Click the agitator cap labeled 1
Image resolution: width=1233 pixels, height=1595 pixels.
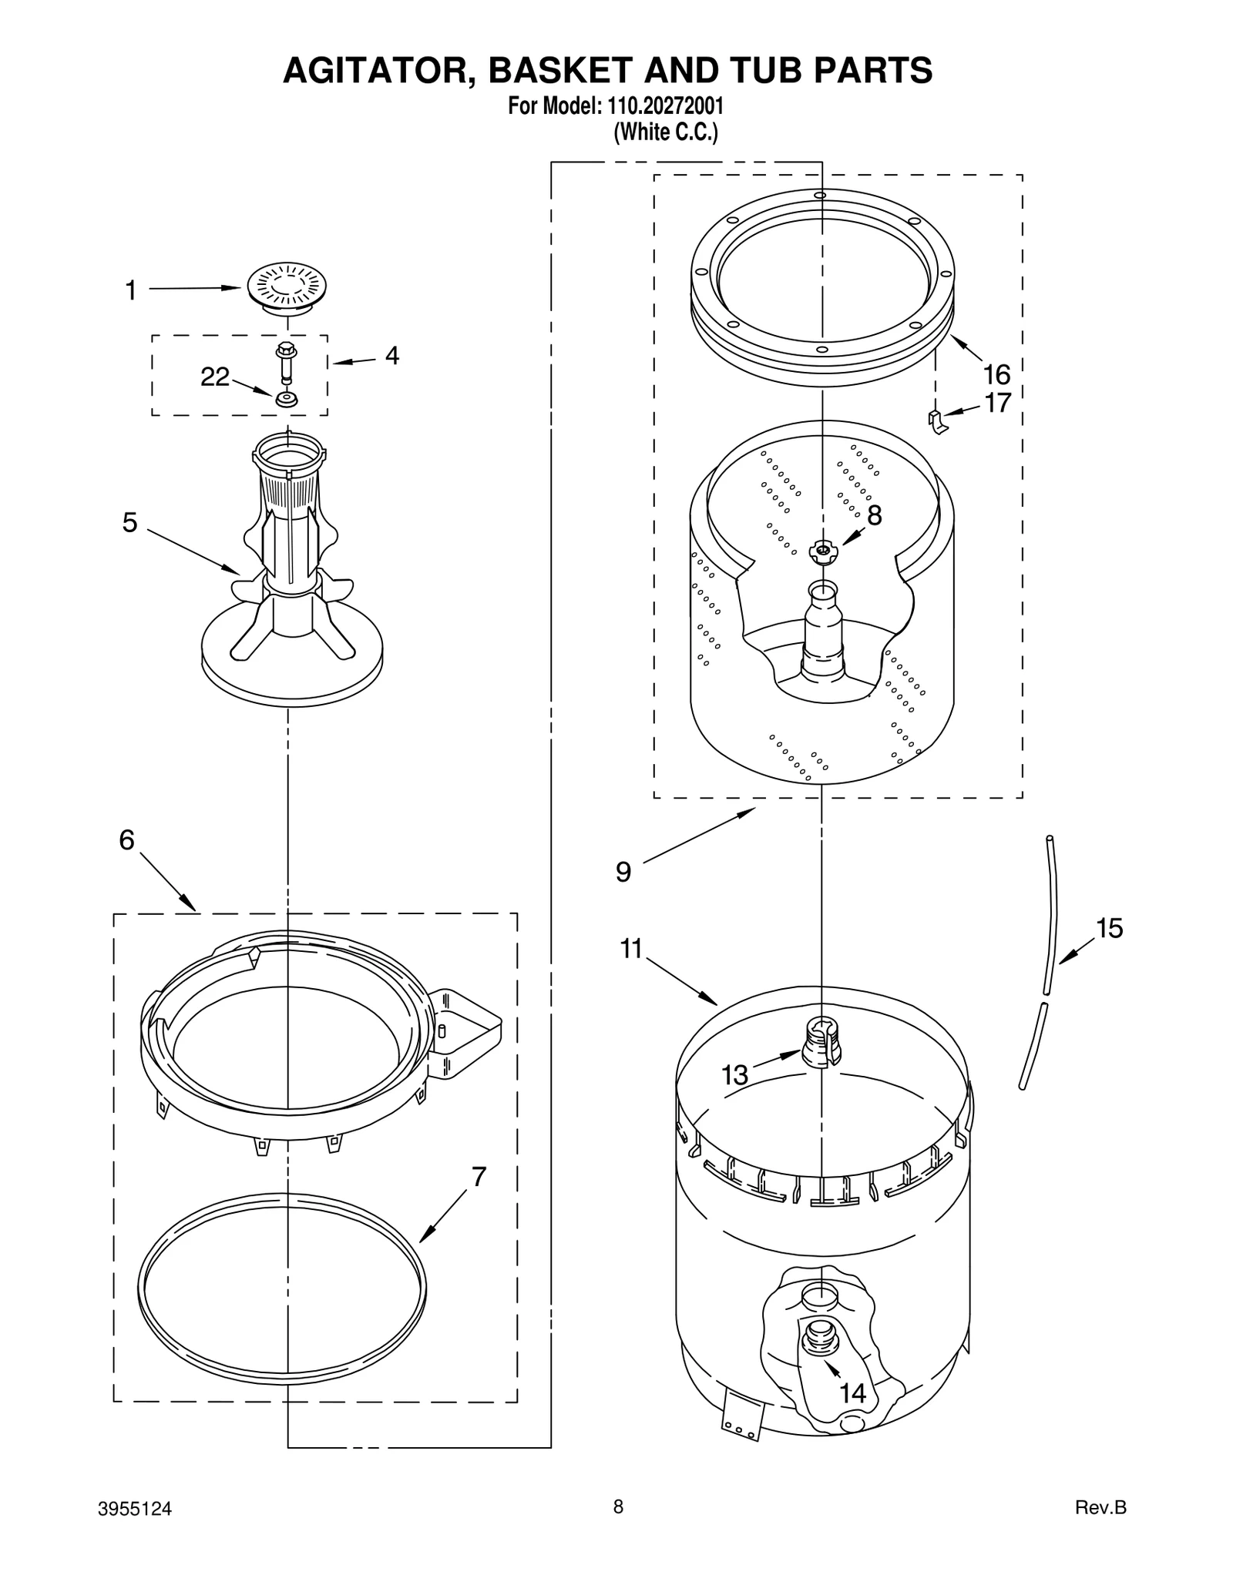[x=287, y=287]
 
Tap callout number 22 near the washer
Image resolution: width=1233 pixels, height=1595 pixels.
[x=215, y=377]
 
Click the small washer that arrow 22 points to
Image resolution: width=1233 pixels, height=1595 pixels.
[x=287, y=400]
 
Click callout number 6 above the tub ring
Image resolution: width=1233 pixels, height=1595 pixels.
[x=127, y=839]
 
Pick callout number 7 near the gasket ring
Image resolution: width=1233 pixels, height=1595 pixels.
[x=479, y=1177]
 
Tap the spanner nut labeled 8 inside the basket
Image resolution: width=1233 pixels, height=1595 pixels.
[x=823, y=550]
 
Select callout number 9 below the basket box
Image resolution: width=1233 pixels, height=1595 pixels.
[x=623, y=872]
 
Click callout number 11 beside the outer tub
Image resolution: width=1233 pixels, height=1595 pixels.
[x=631, y=949]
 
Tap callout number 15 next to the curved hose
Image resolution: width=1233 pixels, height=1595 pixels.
[x=1109, y=928]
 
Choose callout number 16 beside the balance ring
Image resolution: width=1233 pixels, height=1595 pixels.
[x=996, y=375]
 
